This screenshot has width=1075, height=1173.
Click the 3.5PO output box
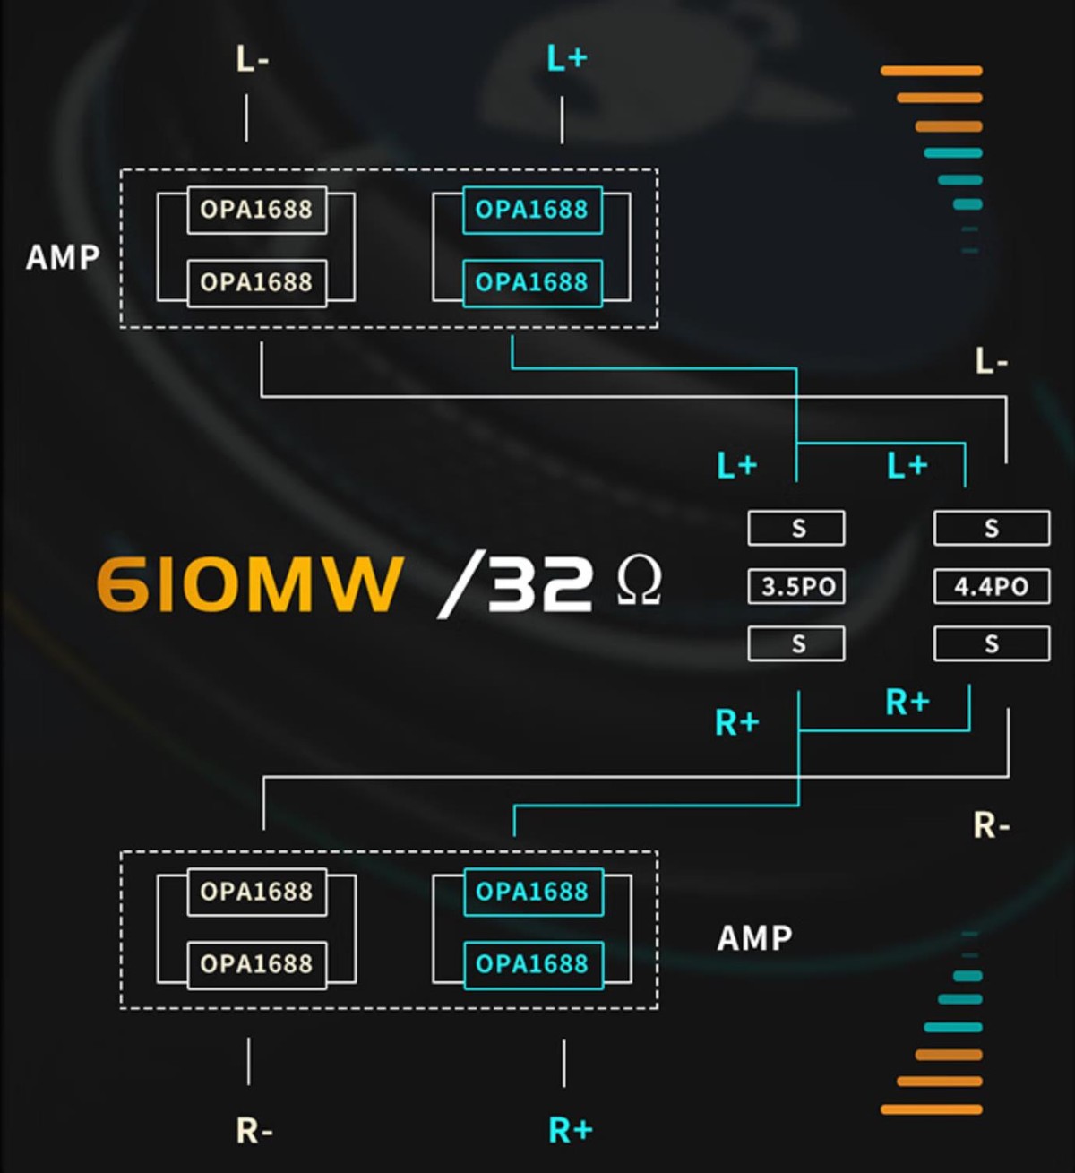[x=796, y=587]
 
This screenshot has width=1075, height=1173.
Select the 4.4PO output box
[x=991, y=587]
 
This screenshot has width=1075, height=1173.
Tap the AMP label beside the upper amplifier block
[x=63, y=257]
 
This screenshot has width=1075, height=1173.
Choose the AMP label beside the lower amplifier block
[x=755, y=938]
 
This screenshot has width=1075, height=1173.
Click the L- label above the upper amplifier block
[x=252, y=59]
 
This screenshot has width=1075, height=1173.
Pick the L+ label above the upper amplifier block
[x=566, y=59]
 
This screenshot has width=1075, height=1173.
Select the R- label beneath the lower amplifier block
[x=254, y=1131]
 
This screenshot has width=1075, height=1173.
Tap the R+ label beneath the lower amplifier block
[x=570, y=1130]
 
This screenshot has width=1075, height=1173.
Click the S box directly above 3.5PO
[x=796, y=528]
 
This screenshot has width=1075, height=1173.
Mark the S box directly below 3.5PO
[x=796, y=643]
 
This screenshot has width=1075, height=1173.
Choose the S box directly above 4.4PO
[x=991, y=528]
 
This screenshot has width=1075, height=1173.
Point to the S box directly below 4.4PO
[x=991, y=643]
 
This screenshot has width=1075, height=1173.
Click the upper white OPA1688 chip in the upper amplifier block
[x=256, y=210]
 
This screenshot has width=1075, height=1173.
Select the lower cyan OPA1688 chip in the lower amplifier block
[x=532, y=964]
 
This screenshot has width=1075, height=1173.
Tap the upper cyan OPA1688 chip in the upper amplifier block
[x=532, y=210]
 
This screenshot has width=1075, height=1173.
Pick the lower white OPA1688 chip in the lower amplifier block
[x=256, y=964]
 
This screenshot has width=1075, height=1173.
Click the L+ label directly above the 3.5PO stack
[x=737, y=466]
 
